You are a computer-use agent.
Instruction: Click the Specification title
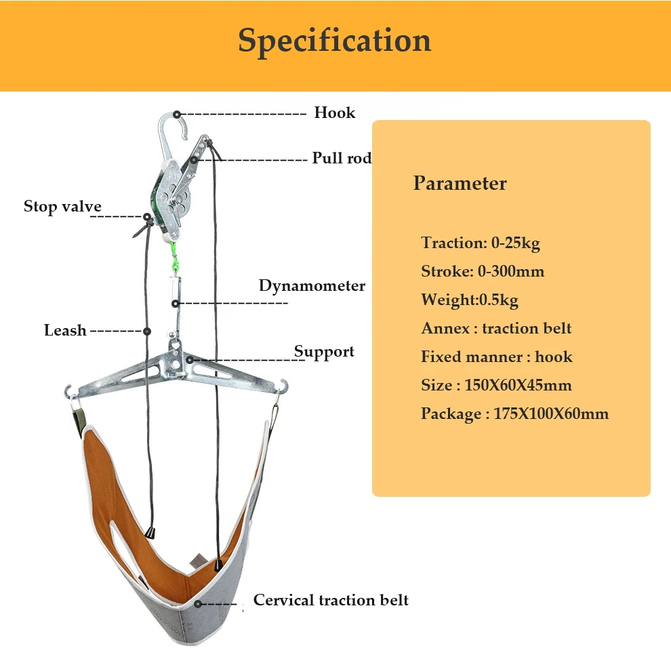point(334,41)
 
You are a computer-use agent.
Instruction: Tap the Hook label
point(335,113)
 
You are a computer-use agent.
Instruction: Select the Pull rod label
point(342,157)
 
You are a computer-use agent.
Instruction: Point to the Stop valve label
point(62,206)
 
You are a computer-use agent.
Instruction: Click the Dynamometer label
point(312,285)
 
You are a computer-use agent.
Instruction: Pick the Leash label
point(65,330)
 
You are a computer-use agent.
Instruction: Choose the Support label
point(324,352)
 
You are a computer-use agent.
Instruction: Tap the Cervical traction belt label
point(331,600)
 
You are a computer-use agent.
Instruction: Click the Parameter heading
point(460,183)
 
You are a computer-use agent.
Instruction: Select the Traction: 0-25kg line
point(481,243)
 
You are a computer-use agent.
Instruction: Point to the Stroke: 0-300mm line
point(483,271)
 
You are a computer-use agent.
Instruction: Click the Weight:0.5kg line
point(470,300)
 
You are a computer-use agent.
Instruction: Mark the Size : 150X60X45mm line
point(496,385)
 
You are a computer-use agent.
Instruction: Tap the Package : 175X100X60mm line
point(515,414)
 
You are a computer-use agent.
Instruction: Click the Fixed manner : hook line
point(496,357)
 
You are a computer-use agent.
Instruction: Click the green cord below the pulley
point(174,257)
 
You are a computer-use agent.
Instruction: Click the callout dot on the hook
point(177,115)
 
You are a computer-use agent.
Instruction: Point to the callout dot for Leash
point(147,331)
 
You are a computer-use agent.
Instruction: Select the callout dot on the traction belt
point(198,603)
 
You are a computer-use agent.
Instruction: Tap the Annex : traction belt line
point(496,328)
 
